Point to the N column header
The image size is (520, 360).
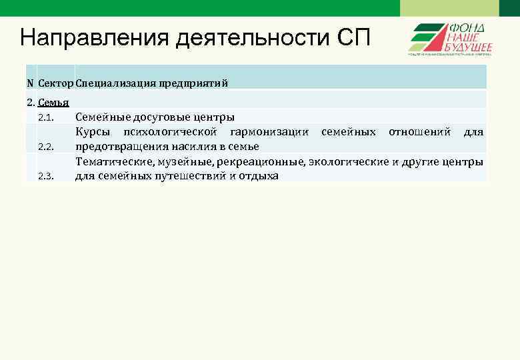point(30,83)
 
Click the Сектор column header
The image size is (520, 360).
point(56,83)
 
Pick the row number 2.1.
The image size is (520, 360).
point(46,118)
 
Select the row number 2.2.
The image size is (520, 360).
point(46,147)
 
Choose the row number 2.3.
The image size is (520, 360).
point(46,176)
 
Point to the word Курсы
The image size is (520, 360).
point(93,132)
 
